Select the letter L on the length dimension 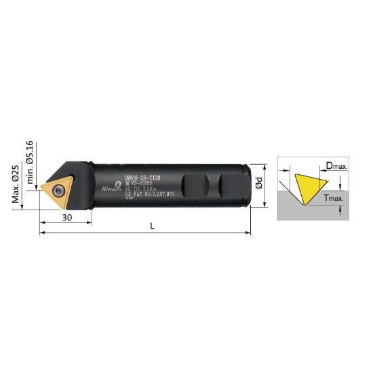tap(152, 227)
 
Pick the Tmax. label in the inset tap(334, 199)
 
